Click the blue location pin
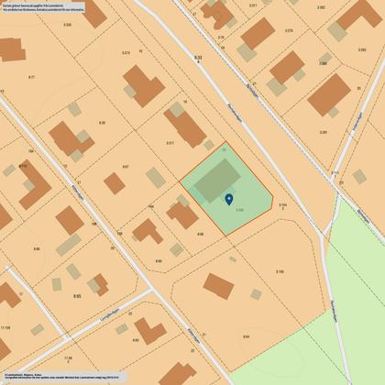click(228, 198)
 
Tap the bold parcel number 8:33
click(199, 58)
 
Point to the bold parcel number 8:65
click(77, 296)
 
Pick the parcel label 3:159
click(279, 271)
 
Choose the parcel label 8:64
click(246, 337)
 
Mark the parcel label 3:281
click(324, 132)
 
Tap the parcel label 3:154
click(282, 204)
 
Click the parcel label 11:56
click(5, 327)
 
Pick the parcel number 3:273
click(126, 53)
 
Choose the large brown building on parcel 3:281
click(329, 94)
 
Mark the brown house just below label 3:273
click(143, 84)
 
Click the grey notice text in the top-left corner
click(41, 10)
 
